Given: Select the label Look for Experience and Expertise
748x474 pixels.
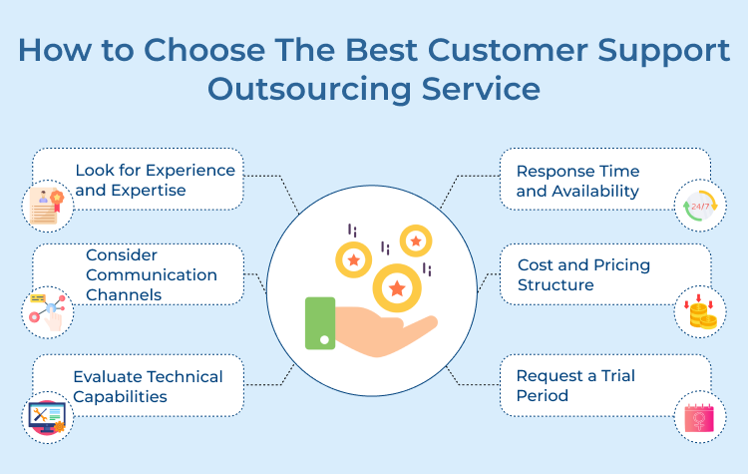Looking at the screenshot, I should click(x=155, y=180).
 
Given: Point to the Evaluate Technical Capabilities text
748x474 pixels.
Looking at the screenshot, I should click(x=148, y=386).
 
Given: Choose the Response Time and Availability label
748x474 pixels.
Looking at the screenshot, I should click(x=577, y=181).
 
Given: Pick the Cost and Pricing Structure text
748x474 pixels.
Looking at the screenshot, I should click(x=583, y=274).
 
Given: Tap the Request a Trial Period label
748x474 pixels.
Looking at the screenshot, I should click(x=575, y=385).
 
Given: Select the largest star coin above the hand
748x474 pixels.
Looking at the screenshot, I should click(x=396, y=288).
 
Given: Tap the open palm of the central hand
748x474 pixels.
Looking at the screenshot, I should click(x=384, y=334).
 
